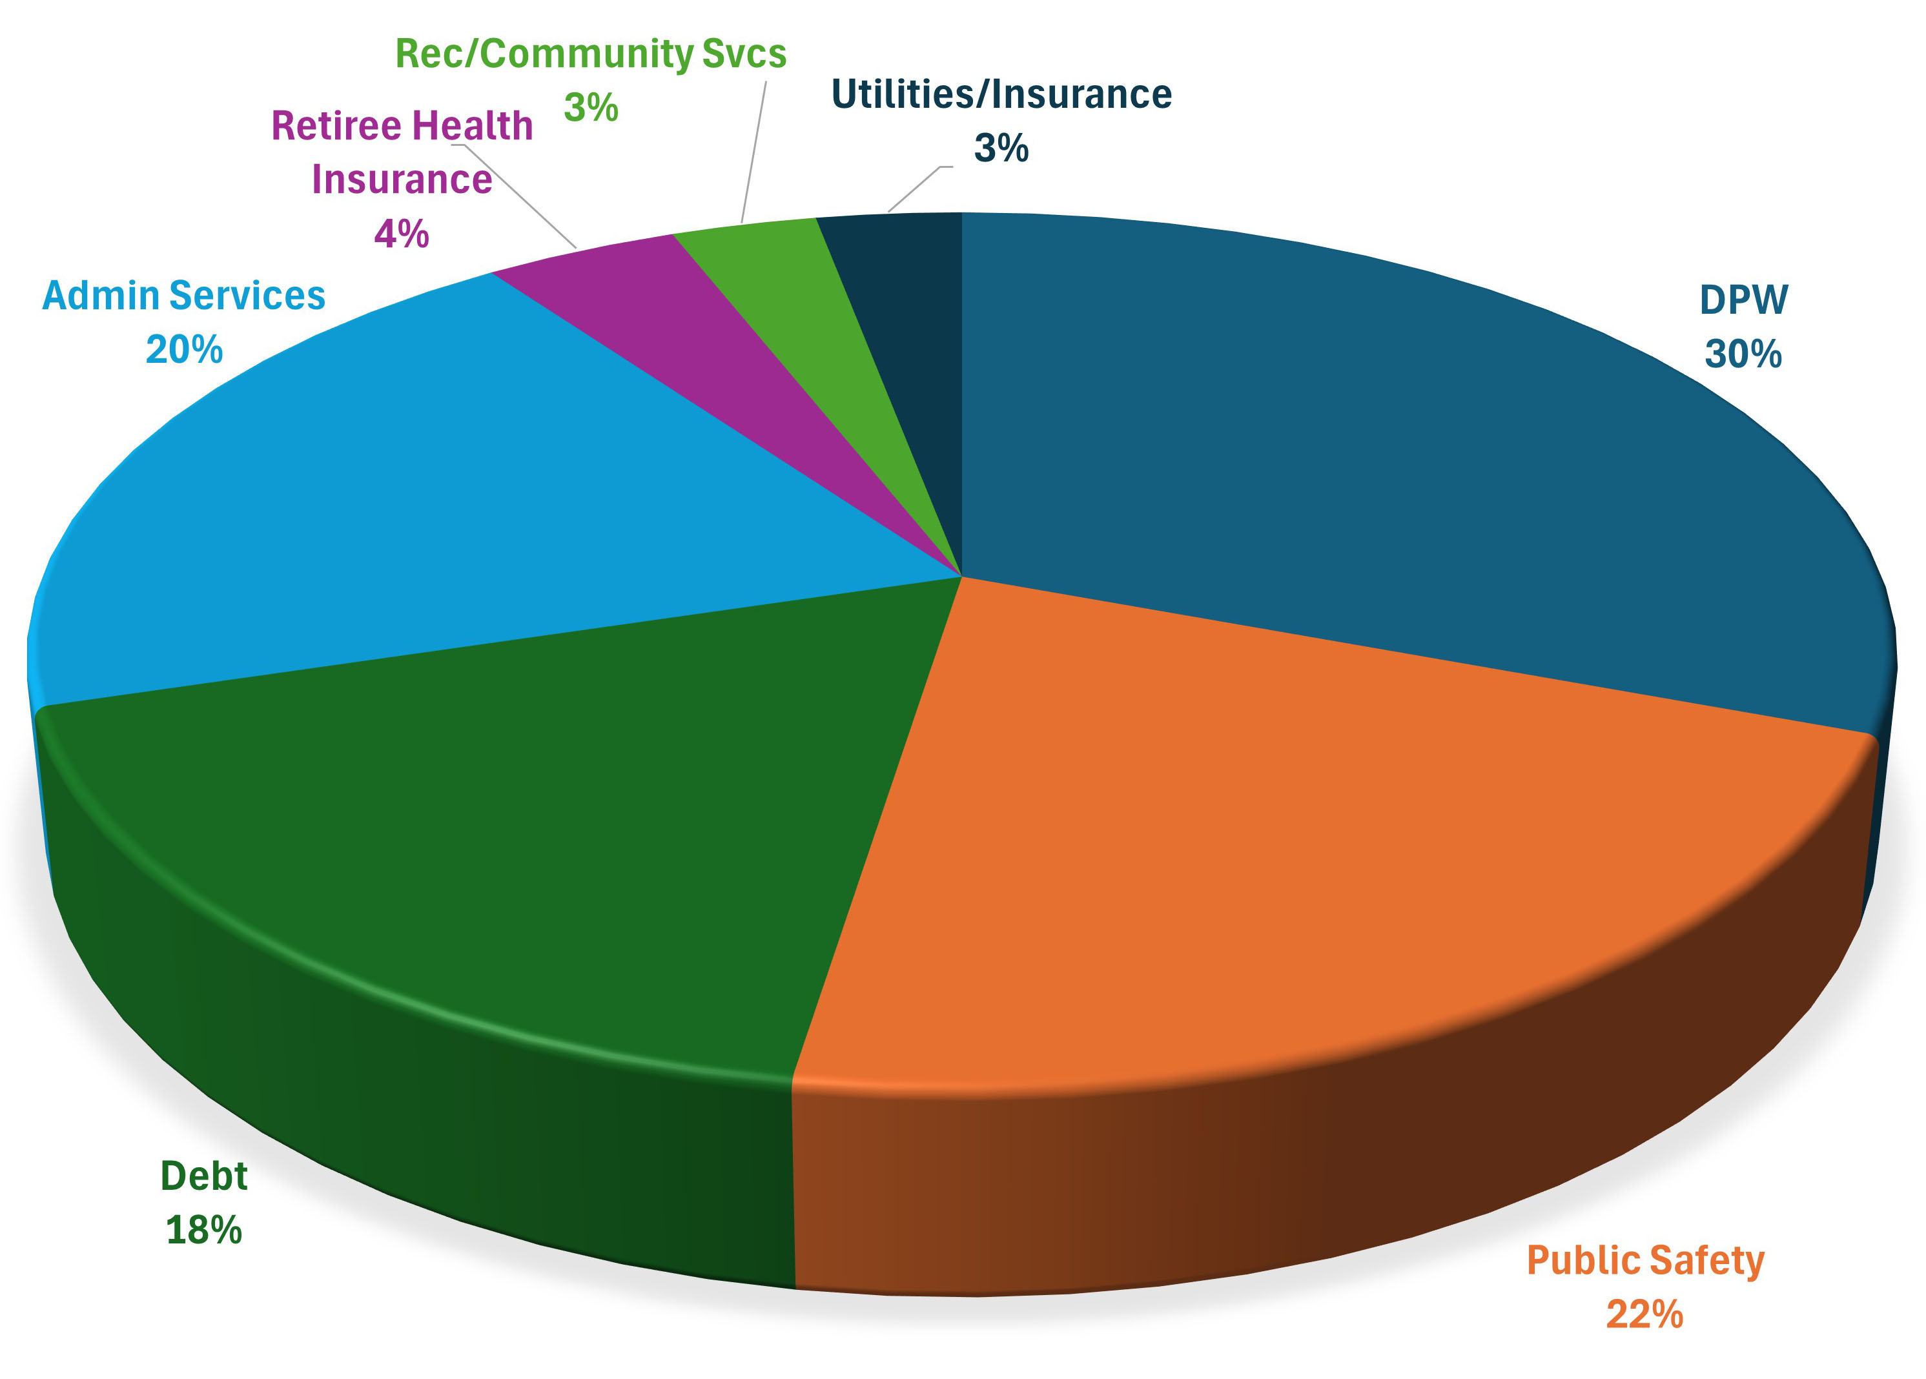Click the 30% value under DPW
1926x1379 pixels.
pyautogui.click(x=1743, y=354)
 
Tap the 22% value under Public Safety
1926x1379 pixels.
pyautogui.click(x=1644, y=1314)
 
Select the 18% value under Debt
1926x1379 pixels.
pyautogui.click(x=204, y=1231)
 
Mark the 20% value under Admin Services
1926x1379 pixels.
pyautogui.click(x=184, y=350)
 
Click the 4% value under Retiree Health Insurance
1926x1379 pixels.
pyautogui.click(x=402, y=234)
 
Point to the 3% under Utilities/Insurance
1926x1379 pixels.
pyautogui.click(x=1001, y=148)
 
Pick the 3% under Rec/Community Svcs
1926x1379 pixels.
pyautogui.click(x=591, y=108)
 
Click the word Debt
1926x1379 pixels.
pyautogui.click(x=204, y=1176)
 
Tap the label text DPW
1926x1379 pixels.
pyautogui.click(x=1743, y=300)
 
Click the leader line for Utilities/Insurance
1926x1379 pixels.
pyautogui.click(x=916, y=189)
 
